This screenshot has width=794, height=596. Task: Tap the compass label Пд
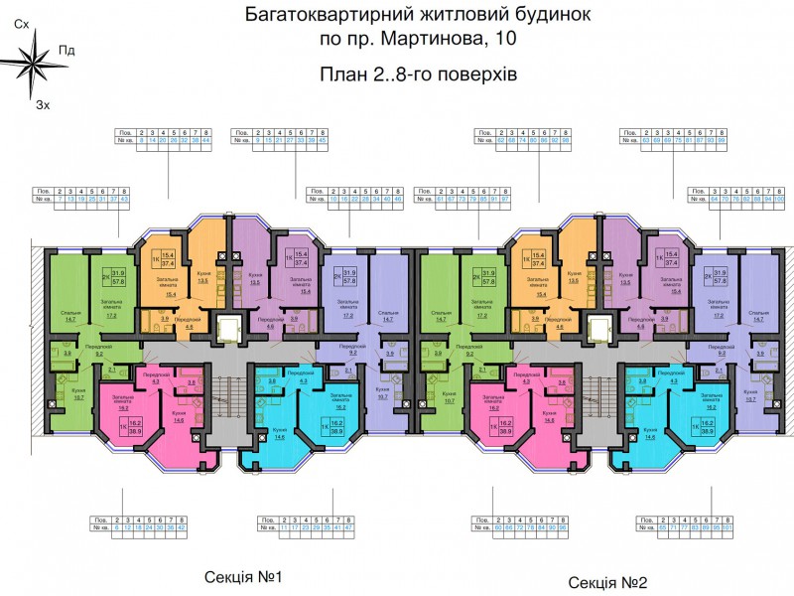pyautogui.click(x=66, y=50)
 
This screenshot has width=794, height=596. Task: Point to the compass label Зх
pyautogui.click(x=42, y=103)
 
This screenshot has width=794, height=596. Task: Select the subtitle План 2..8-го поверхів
pyautogui.click(x=419, y=74)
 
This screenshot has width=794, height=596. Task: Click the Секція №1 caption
pyautogui.click(x=244, y=576)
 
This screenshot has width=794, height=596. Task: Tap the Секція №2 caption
pyautogui.click(x=608, y=582)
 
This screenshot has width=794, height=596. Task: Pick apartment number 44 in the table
pyautogui.click(x=207, y=140)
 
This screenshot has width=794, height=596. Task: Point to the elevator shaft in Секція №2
pyautogui.click(x=598, y=327)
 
